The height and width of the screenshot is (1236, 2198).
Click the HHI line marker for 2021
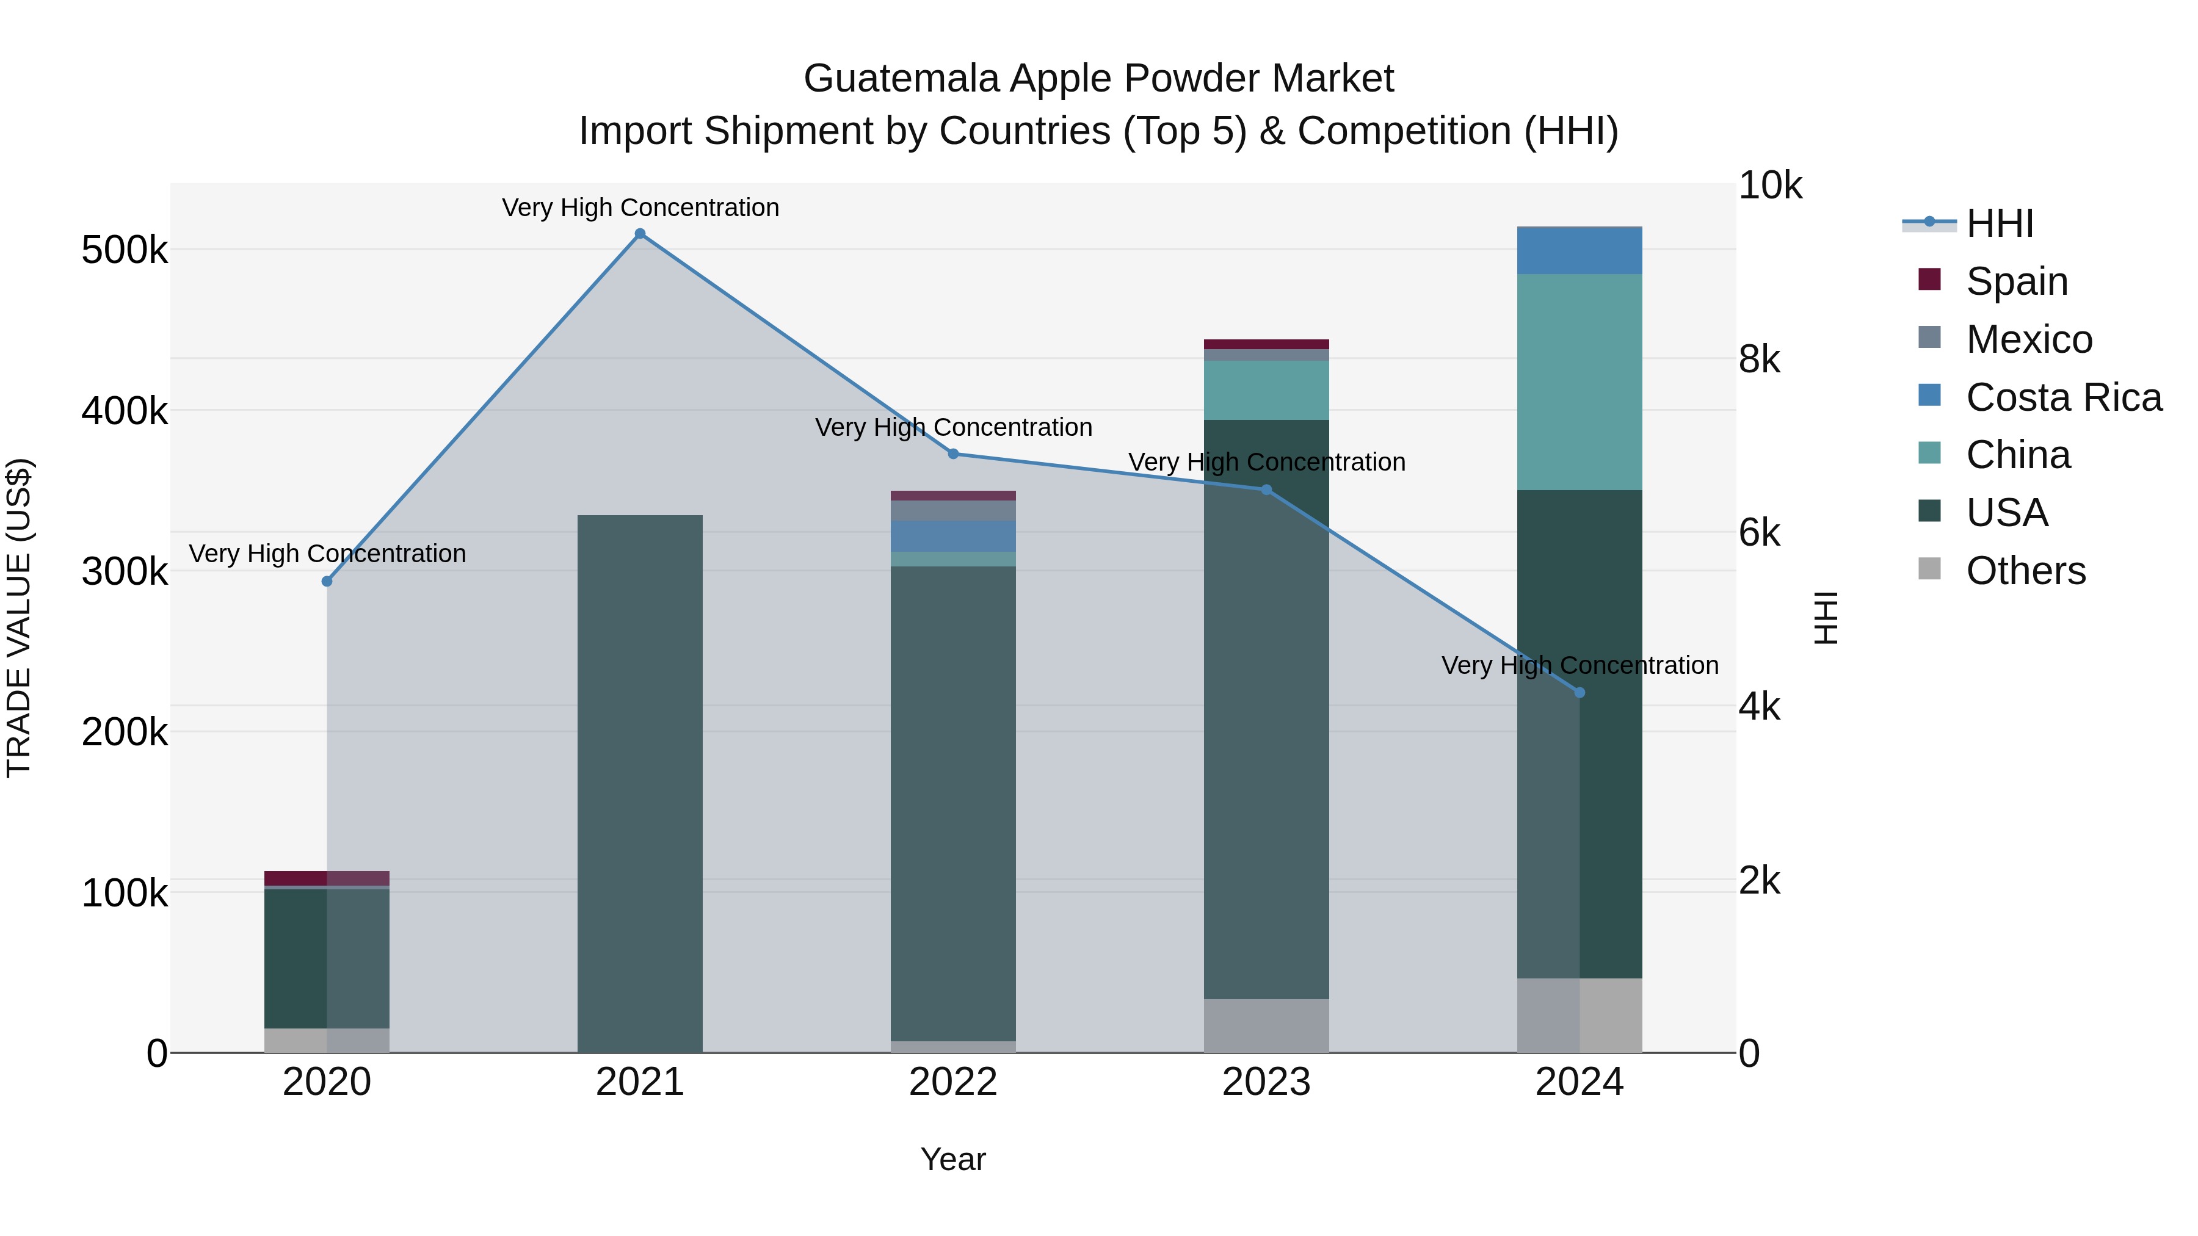(x=640, y=234)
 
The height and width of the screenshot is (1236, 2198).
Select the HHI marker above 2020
(x=327, y=581)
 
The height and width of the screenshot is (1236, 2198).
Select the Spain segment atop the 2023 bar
(x=1266, y=344)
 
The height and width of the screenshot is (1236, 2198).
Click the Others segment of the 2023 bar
(x=1266, y=1025)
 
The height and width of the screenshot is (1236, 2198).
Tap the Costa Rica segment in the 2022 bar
(x=953, y=536)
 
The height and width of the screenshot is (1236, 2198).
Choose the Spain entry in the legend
(x=2015, y=281)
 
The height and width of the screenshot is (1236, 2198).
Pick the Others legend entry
(x=2024, y=571)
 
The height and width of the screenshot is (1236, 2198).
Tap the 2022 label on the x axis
(x=953, y=1082)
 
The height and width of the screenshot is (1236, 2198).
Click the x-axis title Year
(x=953, y=1159)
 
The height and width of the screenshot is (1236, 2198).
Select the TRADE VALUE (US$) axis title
(x=19, y=618)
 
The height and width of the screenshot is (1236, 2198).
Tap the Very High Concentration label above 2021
(x=640, y=208)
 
